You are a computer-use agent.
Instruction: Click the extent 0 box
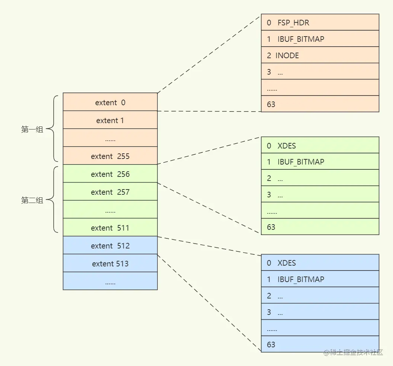[110, 102]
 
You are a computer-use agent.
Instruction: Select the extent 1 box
[110, 120]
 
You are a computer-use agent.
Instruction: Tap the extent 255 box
[110, 156]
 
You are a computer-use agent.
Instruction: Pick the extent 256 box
[110, 173]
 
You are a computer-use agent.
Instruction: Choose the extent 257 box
[110, 191]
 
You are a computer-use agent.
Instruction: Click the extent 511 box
[110, 227]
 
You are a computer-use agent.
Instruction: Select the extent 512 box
[110, 245]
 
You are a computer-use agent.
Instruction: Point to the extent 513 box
[110, 263]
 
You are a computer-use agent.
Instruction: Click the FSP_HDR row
[320, 22]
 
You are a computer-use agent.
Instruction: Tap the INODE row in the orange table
[320, 55]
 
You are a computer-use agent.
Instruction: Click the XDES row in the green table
[320, 145]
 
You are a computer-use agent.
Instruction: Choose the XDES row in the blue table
[320, 263]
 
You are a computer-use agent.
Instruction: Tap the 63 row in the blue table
[320, 344]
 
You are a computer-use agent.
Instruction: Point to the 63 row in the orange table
[320, 104]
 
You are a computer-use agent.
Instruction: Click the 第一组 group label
[32, 129]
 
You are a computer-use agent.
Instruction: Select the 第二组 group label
[32, 200]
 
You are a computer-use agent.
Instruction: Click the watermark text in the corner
[353, 352]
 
